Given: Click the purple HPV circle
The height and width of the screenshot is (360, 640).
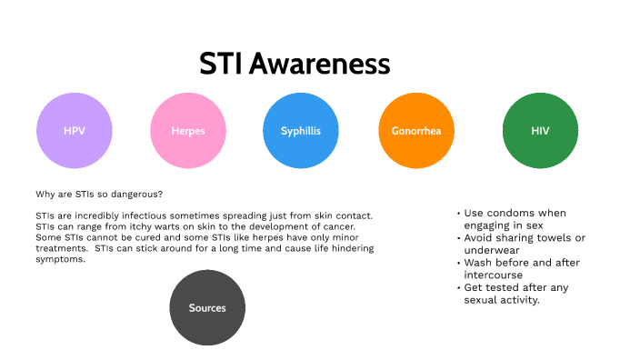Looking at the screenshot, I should tap(74, 131).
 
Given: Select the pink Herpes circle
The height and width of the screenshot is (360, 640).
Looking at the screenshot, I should tap(188, 131).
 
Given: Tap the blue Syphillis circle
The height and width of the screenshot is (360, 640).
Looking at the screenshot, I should tap(301, 131).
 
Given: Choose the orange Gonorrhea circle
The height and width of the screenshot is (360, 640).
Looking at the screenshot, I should tap(415, 131).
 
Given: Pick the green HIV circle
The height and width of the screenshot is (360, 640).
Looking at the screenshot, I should tap(540, 131).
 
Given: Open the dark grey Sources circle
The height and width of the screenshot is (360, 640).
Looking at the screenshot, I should tap(207, 308).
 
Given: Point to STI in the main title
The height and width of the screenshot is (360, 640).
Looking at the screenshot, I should tap(221, 64).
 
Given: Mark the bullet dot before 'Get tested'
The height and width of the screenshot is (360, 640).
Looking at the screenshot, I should tap(458, 288).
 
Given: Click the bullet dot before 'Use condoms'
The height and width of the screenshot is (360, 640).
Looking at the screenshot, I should tap(458, 213).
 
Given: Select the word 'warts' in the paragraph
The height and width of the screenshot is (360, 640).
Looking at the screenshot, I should tap(151, 225).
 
